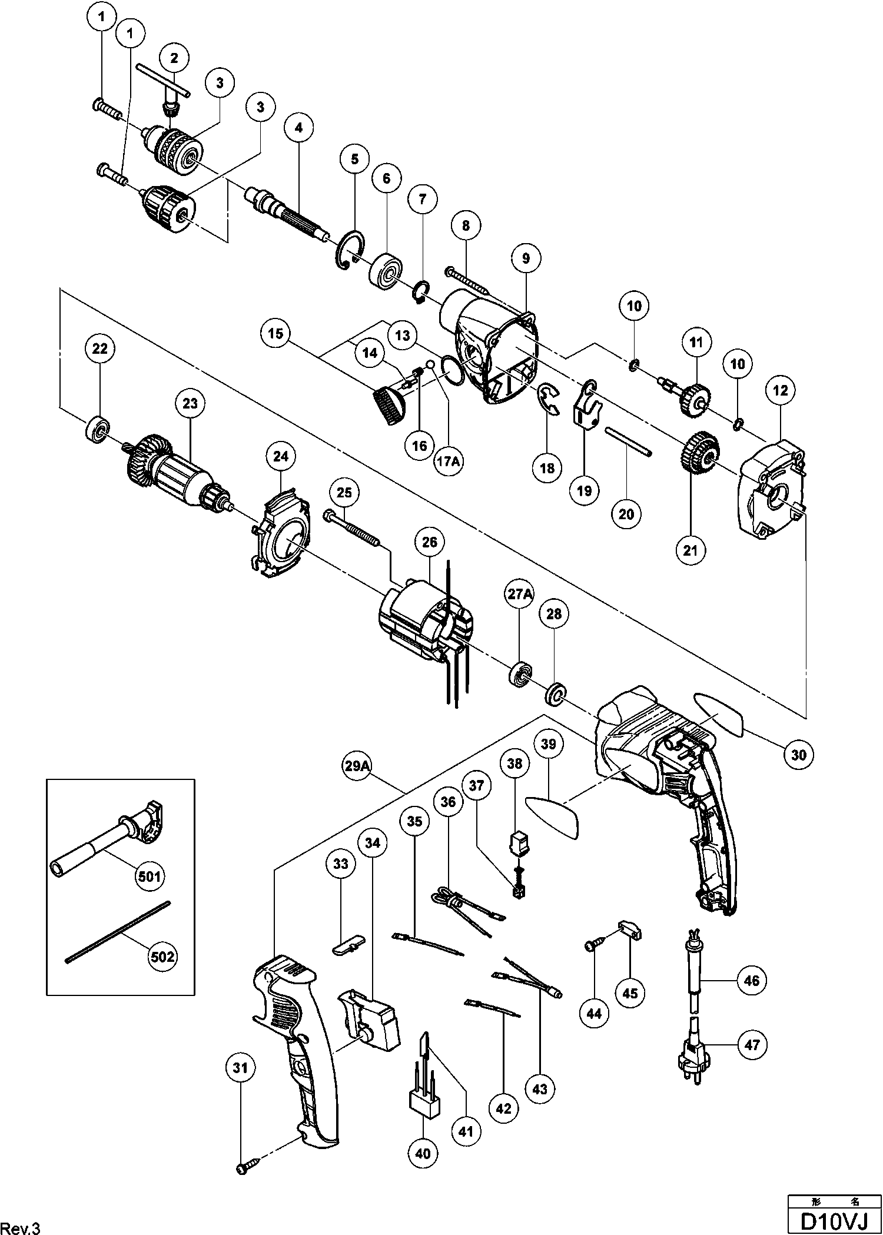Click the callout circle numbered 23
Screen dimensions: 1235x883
(190, 404)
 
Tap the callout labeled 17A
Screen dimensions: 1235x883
(448, 462)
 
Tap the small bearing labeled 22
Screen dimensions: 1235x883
(98, 430)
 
